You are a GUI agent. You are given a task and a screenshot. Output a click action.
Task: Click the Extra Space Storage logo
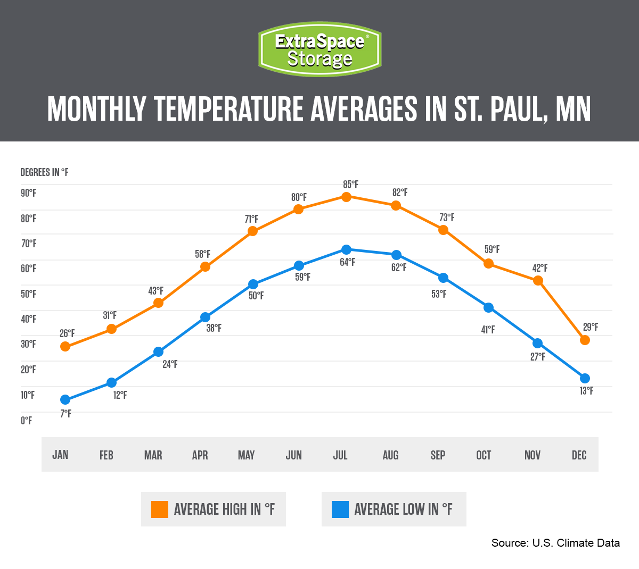point(319,49)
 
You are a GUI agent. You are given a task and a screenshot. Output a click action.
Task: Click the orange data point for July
point(346,197)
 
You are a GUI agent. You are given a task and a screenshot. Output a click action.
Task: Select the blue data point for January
point(65,399)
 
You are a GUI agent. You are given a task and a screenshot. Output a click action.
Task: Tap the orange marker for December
point(585,340)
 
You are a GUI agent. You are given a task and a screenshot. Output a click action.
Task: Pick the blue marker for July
point(346,249)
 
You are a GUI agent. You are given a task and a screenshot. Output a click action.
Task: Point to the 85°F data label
point(350,185)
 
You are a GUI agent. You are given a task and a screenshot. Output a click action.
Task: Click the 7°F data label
point(65,414)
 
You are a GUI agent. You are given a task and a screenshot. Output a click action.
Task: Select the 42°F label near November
point(540,268)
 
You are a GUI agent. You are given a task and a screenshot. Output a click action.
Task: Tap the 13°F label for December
point(586,391)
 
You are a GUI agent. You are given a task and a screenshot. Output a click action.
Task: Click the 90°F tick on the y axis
point(28,193)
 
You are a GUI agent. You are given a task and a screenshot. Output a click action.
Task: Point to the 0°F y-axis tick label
point(26,421)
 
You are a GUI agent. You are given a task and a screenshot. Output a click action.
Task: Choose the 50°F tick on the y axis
point(28,294)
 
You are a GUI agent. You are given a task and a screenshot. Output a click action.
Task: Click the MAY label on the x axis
point(246,455)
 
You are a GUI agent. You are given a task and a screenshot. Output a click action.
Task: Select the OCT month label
point(484,455)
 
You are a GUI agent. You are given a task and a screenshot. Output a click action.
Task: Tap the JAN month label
point(60,455)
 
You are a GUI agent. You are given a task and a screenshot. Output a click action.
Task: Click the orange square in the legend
point(160,509)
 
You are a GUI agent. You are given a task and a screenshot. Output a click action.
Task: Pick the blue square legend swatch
point(340,509)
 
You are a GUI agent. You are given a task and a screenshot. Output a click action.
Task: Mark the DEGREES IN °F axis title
point(44,172)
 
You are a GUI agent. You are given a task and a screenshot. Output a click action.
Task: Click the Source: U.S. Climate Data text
point(555,543)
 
